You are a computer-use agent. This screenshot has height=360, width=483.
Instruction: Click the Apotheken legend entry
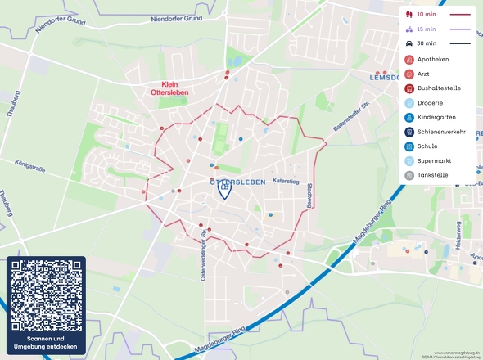(432, 60)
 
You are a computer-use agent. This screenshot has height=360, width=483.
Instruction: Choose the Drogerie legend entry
(430, 103)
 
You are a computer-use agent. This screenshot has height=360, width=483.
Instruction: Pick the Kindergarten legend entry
(436, 117)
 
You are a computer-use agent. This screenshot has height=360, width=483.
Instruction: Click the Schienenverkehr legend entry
(440, 132)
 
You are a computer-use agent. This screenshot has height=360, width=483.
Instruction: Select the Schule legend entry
(427, 146)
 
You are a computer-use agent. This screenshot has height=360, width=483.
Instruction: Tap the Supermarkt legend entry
(433, 160)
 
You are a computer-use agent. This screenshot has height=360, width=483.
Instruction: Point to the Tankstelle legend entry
(432, 175)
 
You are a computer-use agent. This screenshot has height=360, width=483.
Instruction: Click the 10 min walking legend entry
(437, 15)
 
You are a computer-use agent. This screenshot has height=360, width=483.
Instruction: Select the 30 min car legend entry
(437, 43)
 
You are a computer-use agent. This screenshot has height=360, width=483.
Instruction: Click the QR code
(46, 295)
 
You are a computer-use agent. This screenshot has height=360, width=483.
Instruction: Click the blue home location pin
(224, 189)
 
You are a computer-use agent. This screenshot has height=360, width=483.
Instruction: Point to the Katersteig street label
(287, 181)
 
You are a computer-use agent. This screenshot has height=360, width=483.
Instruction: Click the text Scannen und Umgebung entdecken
(46, 343)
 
